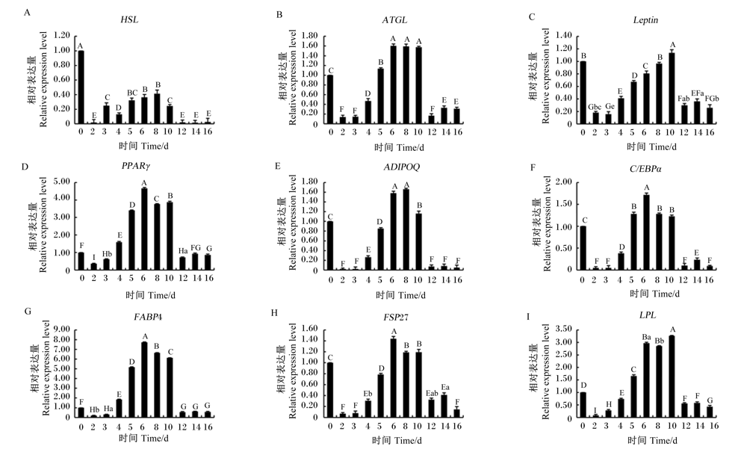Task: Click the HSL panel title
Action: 129,19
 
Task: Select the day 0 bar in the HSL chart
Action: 81,87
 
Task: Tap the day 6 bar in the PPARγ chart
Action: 144,229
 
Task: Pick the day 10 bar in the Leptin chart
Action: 672,88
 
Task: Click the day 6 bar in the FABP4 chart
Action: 144,380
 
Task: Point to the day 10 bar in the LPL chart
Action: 672,377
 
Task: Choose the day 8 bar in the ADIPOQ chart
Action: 406,229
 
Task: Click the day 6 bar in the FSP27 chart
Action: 393,378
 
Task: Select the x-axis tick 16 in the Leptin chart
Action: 710,132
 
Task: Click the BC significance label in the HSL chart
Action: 132,93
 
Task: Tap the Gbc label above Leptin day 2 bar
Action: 595,107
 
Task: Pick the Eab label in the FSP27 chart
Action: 432,394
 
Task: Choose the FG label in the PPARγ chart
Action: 196,248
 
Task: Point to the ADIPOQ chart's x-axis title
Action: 400,295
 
